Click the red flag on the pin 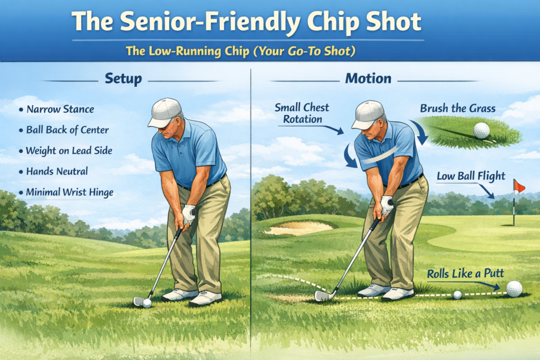click(519, 187)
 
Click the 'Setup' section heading click(123, 79)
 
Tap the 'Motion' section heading click(368, 79)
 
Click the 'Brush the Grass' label click(458, 109)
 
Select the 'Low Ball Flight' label click(471, 176)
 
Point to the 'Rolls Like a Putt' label click(465, 274)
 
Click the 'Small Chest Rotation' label click(302, 113)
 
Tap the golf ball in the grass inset click(481, 130)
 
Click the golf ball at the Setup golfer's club click(147, 303)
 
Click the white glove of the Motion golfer click(386, 205)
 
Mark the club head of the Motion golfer click(323, 296)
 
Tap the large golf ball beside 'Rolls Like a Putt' click(514, 289)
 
